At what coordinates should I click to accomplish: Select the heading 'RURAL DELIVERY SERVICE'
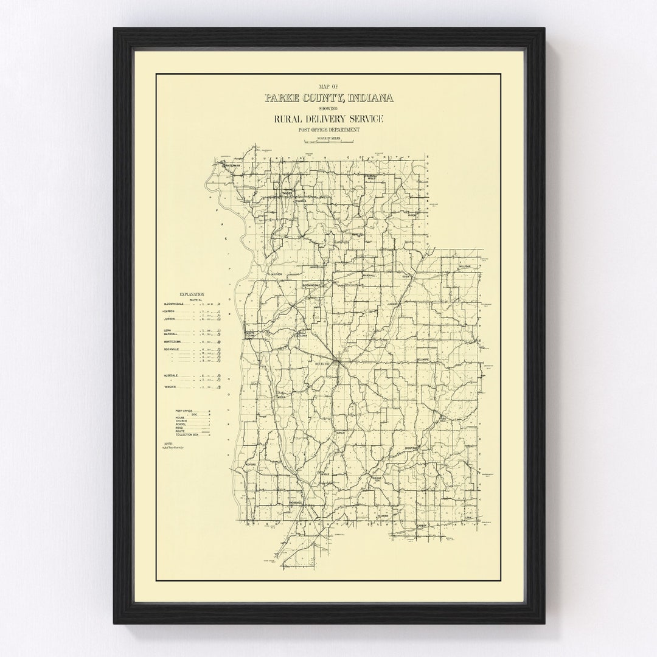tap(328, 119)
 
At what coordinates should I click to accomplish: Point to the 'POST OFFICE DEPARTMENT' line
tap(328, 130)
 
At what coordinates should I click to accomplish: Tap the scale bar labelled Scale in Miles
tap(329, 141)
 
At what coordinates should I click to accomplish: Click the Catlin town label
tap(340, 433)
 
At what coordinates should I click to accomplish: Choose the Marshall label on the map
tap(370, 276)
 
